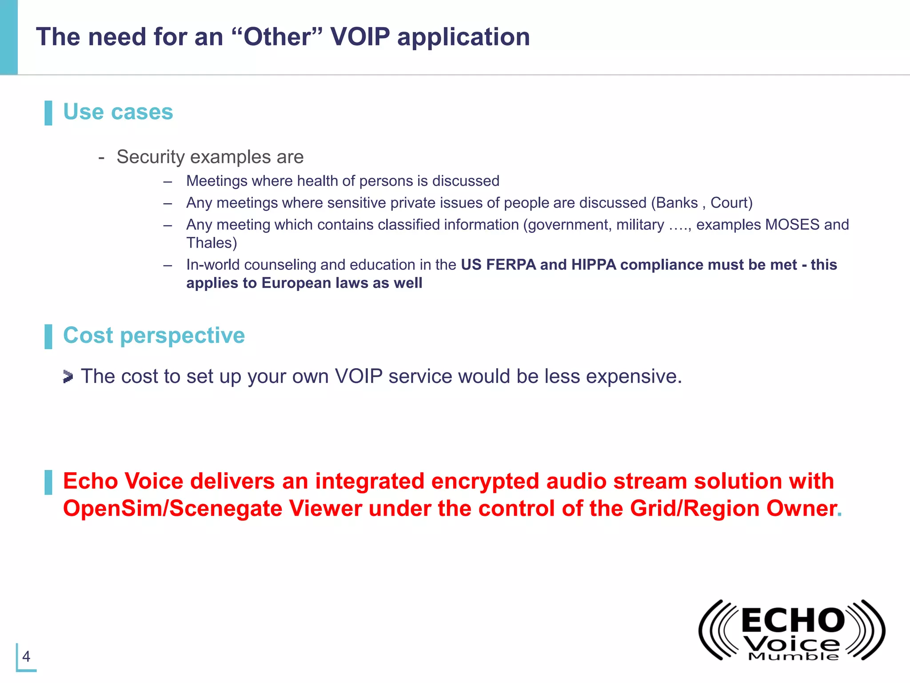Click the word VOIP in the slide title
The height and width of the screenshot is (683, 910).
pyautogui.click(x=360, y=36)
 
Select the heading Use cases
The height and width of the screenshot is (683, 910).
pyautogui.click(x=118, y=112)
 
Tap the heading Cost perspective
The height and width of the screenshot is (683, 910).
pyautogui.click(x=154, y=335)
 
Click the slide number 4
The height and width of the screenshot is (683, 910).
pyautogui.click(x=26, y=656)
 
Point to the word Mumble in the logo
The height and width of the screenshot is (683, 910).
pyautogui.click(x=794, y=657)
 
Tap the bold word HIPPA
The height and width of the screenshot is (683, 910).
pyautogui.click(x=594, y=265)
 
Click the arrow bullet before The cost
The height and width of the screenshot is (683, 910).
pyautogui.click(x=68, y=377)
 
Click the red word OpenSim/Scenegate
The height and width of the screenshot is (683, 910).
pyautogui.click(x=172, y=508)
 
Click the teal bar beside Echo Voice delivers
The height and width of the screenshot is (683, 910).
pyautogui.click(x=48, y=482)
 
